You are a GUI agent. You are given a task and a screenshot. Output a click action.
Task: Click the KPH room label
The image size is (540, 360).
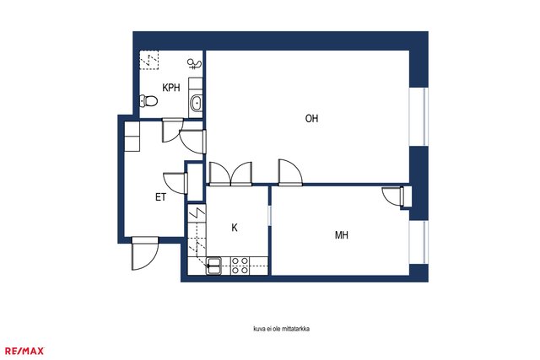coord(171,88)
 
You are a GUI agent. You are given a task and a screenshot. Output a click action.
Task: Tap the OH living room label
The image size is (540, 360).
coord(311,118)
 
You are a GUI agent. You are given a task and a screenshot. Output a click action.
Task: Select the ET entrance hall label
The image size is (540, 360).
coord(161,197)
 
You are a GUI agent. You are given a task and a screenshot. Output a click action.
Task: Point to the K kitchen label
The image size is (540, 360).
coord(235,228)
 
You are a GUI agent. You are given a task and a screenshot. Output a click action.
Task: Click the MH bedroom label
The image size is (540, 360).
coord(341,235)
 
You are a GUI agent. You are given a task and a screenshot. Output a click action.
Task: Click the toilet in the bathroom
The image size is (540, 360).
coord(148,101)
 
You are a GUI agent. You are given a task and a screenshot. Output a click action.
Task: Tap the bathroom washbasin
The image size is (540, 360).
coord(197,103)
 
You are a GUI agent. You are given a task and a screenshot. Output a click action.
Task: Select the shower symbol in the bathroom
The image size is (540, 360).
coord(195,64)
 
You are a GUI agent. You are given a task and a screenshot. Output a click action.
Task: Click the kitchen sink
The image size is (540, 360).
coord(213,266)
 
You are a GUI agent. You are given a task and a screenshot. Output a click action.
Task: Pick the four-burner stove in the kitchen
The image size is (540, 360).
coord(240,266)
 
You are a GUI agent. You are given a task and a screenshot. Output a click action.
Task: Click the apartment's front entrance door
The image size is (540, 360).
coord(145,253)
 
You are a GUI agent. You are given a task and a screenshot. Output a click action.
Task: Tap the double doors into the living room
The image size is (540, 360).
coord(230,175)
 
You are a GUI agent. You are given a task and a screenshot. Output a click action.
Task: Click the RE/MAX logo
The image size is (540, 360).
coord(24,351)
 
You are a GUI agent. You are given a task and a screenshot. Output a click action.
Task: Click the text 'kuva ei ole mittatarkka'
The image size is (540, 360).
coord(281,329)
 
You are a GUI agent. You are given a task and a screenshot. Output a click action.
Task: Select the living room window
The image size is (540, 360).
coord(418,116)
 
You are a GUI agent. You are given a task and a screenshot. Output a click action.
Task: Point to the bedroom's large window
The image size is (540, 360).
coord(418,242)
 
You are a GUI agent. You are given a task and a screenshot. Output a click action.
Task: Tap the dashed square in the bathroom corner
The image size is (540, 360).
coord(149,60)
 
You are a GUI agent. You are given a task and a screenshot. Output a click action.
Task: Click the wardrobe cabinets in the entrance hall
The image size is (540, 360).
coord(132,137)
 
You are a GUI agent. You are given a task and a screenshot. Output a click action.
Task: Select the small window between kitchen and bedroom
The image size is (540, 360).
coord(270,216)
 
